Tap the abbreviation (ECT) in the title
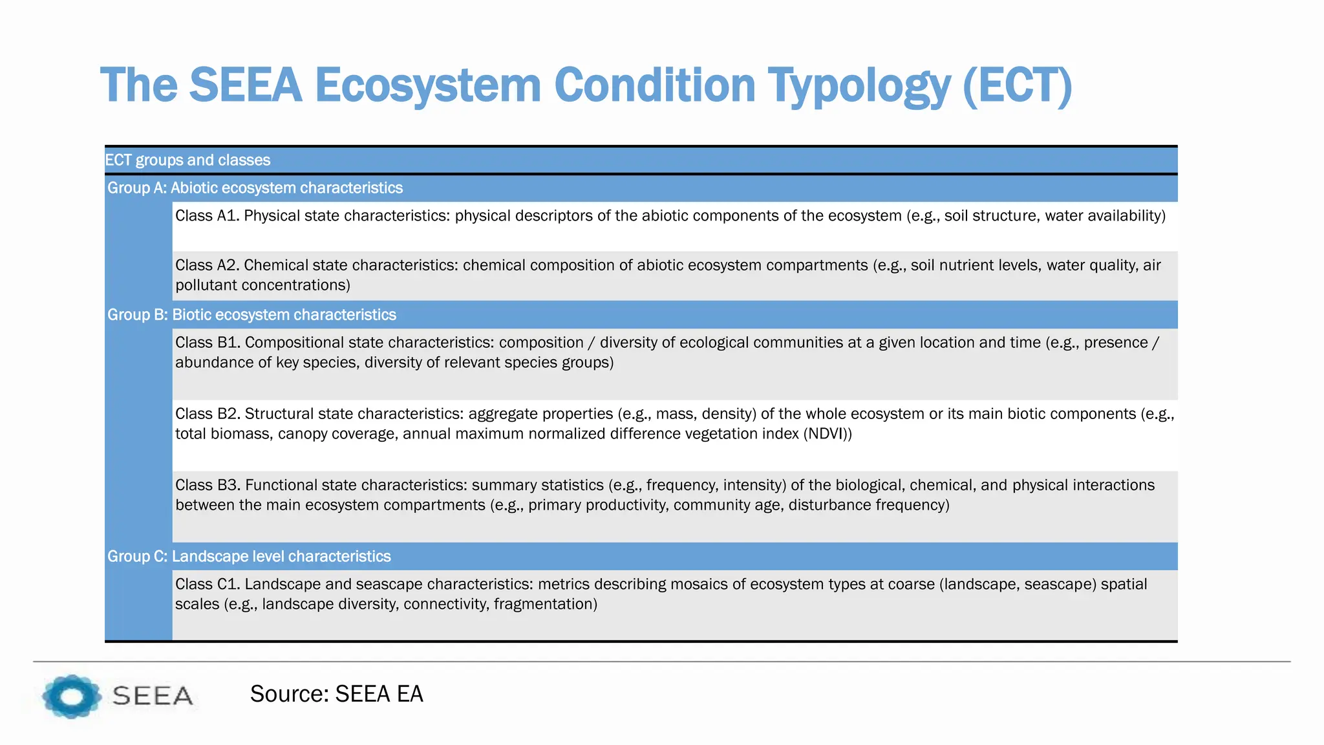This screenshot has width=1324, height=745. click(x=1017, y=86)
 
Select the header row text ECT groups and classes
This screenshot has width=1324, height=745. click(x=187, y=160)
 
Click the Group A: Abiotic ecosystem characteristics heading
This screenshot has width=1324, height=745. click(x=255, y=188)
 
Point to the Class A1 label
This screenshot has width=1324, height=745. click(x=207, y=216)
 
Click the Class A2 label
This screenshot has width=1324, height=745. click(x=207, y=266)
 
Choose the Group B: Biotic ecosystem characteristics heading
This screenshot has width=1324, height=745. click(x=251, y=315)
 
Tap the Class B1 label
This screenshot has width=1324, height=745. click(x=207, y=343)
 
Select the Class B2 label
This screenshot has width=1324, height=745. click(x=207, y=414)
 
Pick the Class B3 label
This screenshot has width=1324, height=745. click(x=207, y=485)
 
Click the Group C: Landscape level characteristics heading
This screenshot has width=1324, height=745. click(x=249, y=557)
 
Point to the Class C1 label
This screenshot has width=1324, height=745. click(x=207, y=585)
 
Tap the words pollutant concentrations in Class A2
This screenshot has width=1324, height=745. click(x=262, y=285)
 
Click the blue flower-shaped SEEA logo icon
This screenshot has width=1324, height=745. click(x=71, y=696)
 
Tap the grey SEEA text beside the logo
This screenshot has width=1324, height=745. click(x=153, y=696)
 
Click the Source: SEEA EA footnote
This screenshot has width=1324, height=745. click(x=336, y=694)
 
